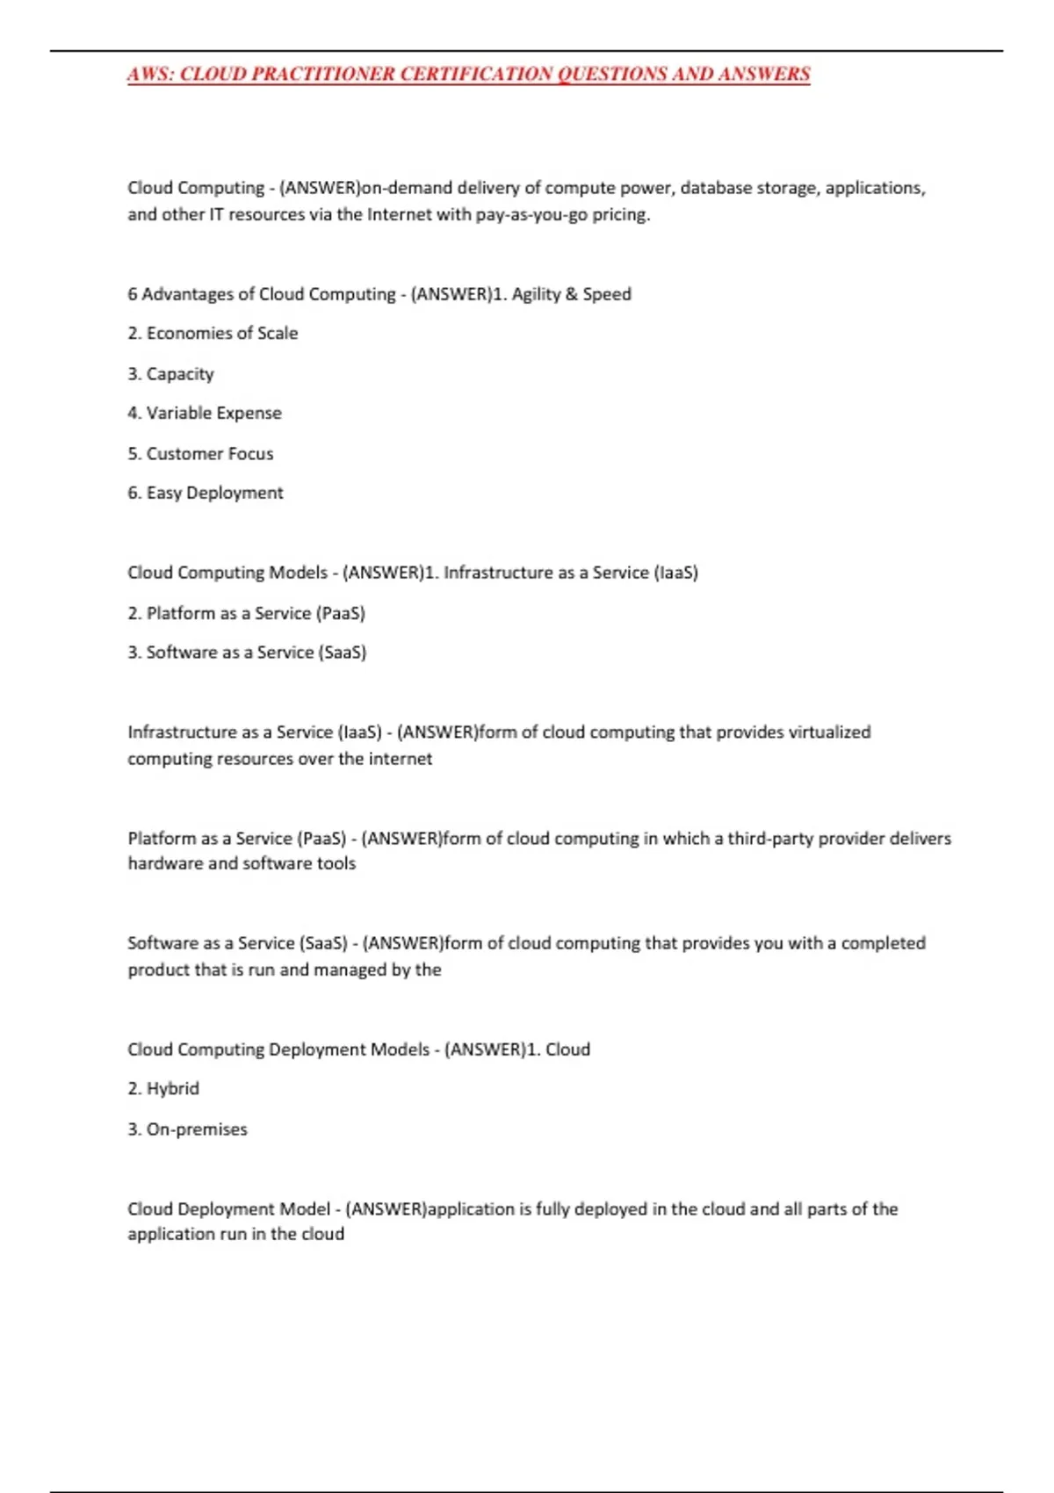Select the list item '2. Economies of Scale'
tap(213, 334)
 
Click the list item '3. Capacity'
tap(170, 374)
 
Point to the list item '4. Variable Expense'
tap(205, 414)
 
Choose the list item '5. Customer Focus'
tap(200, 454)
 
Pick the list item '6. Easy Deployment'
tap(206, 494)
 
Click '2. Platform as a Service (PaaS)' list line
tap(246, 613)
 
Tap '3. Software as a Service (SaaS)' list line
tap(247, 653)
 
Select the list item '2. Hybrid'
tap(163, 1089)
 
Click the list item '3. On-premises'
tap(187, 1129)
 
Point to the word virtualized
tap(829, 732)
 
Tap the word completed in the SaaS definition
tap(883, 943)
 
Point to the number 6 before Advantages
tap(133, 294)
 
